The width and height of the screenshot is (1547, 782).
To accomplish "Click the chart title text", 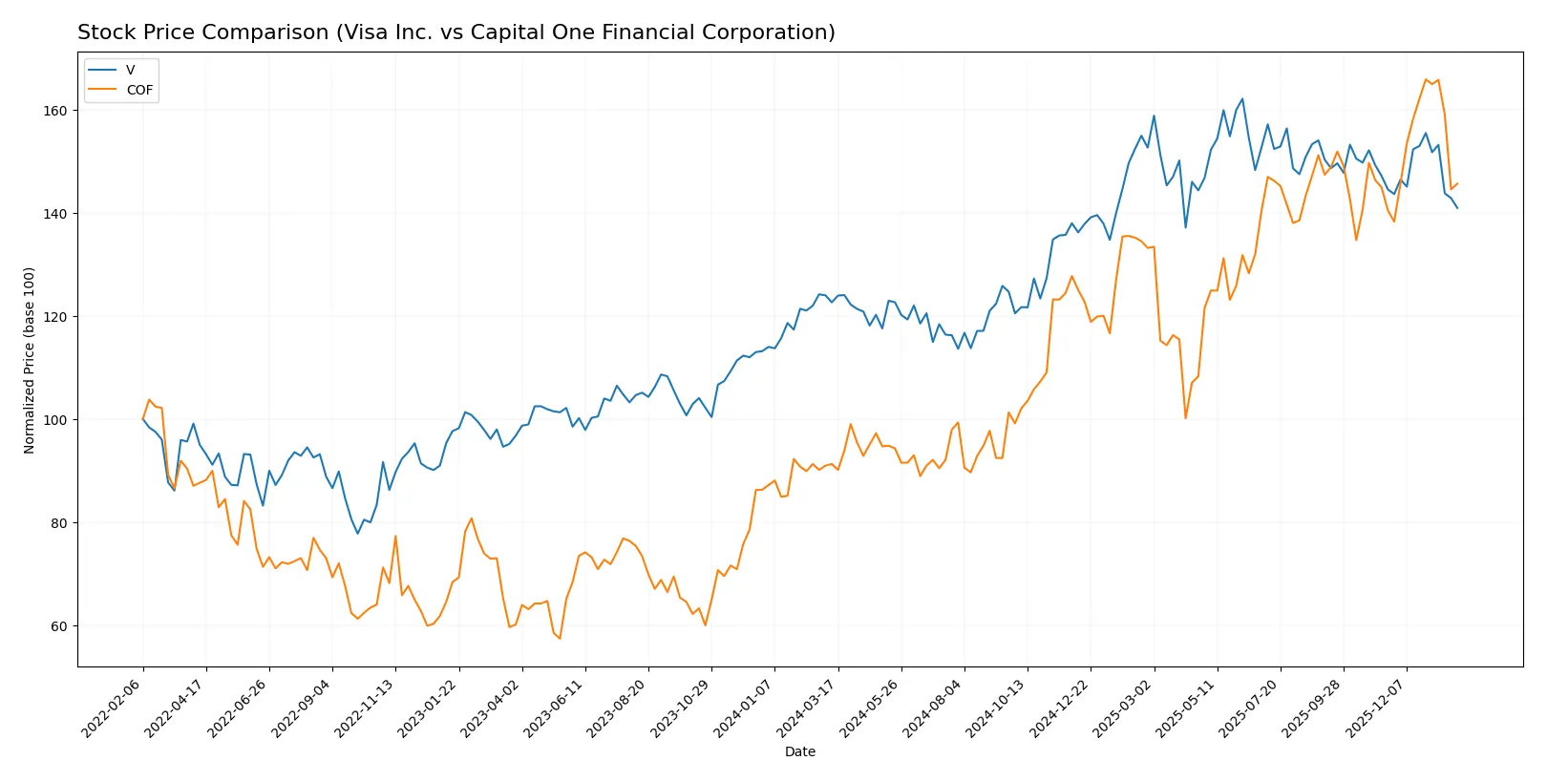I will point(456,32).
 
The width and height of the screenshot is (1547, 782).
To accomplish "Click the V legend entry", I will point(130,70).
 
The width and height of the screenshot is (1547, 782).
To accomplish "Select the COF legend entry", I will point(138,90).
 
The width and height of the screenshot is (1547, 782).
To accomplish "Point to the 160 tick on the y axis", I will point(55,111).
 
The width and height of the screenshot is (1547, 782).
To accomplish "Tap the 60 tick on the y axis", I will point(59,626).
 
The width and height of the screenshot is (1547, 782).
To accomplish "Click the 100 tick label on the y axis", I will point(55,420).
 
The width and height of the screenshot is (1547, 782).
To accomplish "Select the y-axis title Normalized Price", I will point(30,360).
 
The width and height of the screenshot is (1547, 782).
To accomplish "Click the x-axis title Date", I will point(799,751).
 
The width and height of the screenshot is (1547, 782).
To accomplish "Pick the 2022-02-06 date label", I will point(112,708).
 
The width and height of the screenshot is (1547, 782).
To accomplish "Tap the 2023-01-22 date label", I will point(428,708).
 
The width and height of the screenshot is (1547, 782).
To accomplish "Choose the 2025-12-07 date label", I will point(1376,708).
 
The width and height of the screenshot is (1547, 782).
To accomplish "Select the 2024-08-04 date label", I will point(933,708).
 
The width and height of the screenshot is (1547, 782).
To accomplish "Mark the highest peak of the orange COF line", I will point(1426,79).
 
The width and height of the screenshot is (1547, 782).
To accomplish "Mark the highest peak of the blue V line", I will point(1242,98).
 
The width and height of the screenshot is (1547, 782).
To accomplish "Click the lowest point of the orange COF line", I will point(560,638).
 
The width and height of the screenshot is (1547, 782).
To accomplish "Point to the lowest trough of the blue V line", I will point(358,533).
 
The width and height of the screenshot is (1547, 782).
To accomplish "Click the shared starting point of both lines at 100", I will point(143,419).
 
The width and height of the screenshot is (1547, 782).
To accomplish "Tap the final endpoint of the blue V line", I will point(1457,208).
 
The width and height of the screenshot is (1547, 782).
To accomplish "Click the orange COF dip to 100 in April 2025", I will point(1186,418).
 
